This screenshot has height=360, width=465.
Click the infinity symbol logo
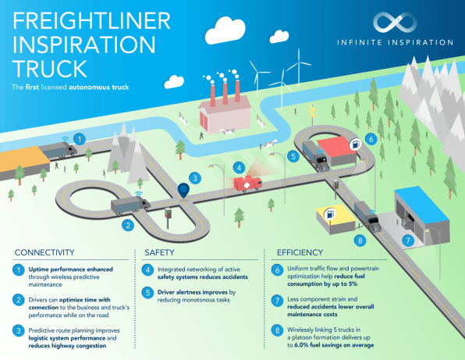pos(395,23)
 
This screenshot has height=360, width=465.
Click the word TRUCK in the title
pos(49,69)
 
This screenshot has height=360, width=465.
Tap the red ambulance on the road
pos(247,184)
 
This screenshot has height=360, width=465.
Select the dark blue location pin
pos(183,191)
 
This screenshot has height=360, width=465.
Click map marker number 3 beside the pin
pos(195,178)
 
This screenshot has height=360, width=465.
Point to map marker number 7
pos(408,240)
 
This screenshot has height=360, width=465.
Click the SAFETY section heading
pos(159,252)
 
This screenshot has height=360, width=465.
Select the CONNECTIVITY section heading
pos(44,252)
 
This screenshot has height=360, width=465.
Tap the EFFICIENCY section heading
pos(300,252)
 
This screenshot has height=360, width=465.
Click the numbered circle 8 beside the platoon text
pos(277,330)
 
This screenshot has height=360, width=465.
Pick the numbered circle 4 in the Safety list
pos(147,270)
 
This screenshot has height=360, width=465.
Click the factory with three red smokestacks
pos(225,107)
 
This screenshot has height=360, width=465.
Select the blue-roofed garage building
pos(422,216)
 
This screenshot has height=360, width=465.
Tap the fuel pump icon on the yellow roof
pos(330,214)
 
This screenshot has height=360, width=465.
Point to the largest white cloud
pos(225,30)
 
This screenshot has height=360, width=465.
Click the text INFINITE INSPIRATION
pos(395,42)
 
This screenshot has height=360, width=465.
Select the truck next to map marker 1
pos(58,150)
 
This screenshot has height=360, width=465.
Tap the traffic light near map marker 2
pos(169,217)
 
